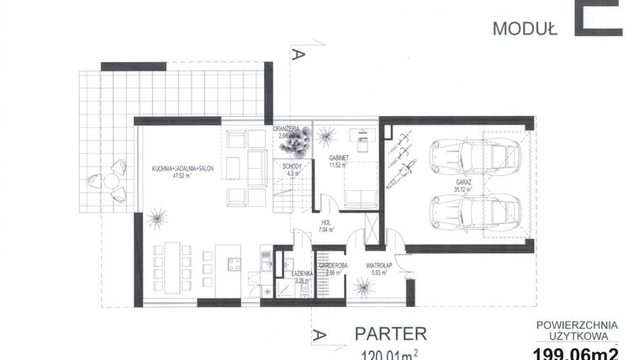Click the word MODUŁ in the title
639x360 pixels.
(525, 28)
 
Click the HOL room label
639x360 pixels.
(324, 222)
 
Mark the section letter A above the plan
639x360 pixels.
(294, 55)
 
